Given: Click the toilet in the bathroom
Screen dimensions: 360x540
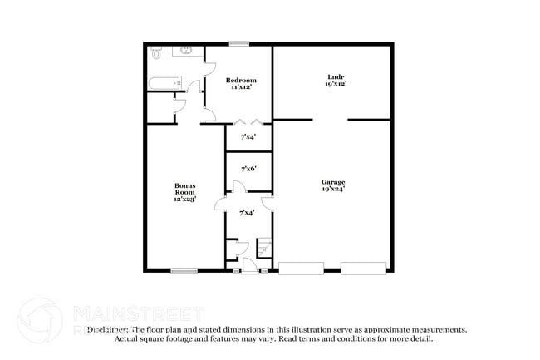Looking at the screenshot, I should [157, 53].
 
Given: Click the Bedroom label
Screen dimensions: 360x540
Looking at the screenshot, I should [239, 80].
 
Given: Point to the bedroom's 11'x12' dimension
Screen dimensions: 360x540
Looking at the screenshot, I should [239, 87].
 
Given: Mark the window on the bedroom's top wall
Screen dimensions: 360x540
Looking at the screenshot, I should [240, 43].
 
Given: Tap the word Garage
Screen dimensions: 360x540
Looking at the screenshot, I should [334, 181].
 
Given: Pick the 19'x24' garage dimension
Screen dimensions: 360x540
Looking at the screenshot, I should [334, 189].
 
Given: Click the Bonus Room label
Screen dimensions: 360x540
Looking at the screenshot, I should [184, 189].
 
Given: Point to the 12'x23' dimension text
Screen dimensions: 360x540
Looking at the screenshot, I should [184, 200].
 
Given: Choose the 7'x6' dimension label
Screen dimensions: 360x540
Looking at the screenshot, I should [248, 169].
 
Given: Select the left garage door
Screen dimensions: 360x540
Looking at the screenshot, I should [301, 268].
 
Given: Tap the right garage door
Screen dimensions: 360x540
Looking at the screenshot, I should [364, 268].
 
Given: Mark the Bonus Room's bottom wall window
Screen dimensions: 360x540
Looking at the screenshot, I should [184, 269].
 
